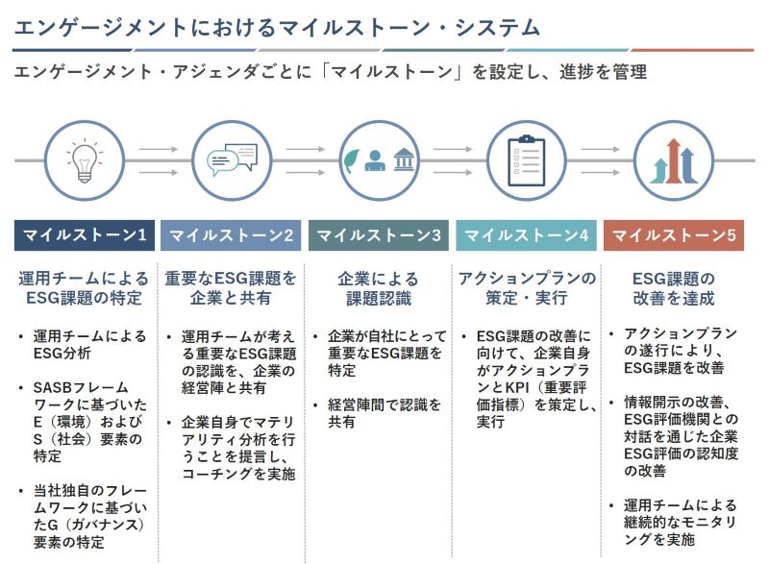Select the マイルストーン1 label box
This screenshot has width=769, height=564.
[84, 235]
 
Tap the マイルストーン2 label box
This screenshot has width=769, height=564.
[231, 235]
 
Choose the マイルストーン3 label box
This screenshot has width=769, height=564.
[379, 235]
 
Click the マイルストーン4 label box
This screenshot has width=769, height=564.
[526, 235]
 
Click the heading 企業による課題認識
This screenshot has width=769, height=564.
[379, 288]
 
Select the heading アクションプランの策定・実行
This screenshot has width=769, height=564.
[526, 288]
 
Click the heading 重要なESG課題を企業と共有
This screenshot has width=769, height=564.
[231, 288]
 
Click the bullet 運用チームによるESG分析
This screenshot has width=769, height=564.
[89, 345]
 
